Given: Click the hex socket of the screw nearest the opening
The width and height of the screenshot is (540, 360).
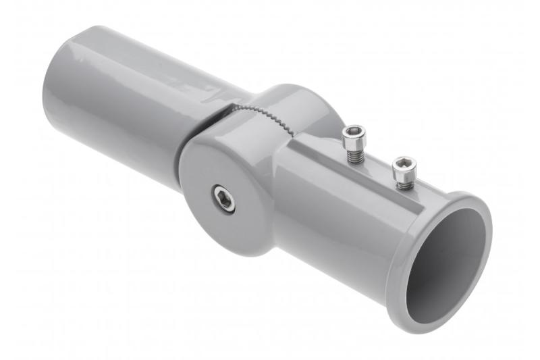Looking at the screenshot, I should pos(404,164).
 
